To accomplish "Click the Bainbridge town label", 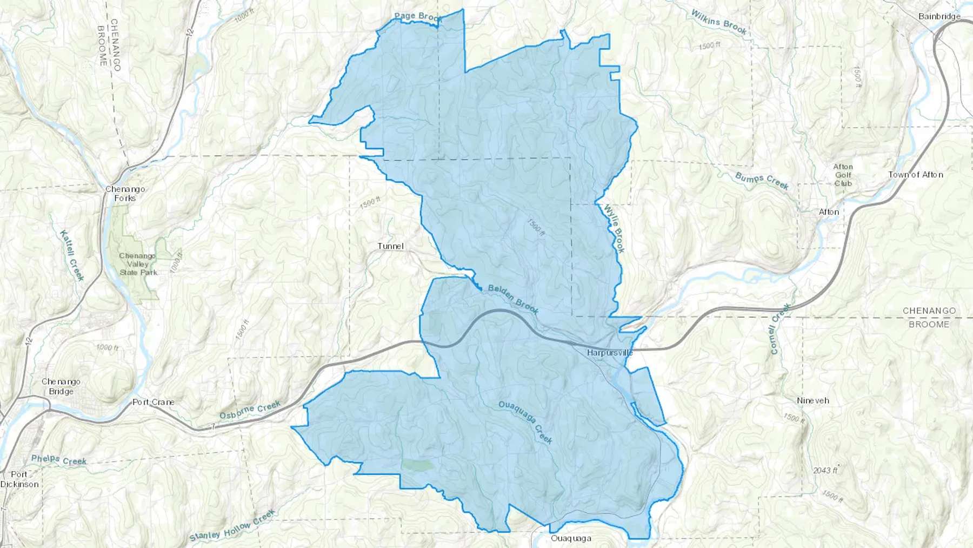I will click(x=939, y=16).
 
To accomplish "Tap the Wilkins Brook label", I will click(x=719, y=22).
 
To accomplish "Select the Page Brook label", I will click(x=418, y=17).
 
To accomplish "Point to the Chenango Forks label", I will click(x=125, y=194).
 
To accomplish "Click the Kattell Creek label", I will click(x=72, y=255).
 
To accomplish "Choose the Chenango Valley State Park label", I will click(x=138, y=264).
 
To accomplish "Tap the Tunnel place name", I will click(x=390, y=246).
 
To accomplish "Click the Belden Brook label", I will click(x=513, y=299).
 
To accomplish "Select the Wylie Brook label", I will click(x=615, y=228).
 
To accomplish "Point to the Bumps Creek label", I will click(x=762, y=181).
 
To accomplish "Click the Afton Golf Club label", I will click(x=843, y=175).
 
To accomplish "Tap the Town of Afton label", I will click(x=915, y=175).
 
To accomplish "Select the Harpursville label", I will click(x=610, y=353).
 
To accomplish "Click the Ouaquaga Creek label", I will click(x=525, y=422).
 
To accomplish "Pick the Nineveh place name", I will click(x=812, y=401).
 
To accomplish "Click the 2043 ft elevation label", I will click(x=825, y=470).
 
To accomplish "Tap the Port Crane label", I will click(x=154, y=402).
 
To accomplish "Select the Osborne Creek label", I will click(x=250, y=410).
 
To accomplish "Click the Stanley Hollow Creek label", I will click(x=232, y=526).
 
